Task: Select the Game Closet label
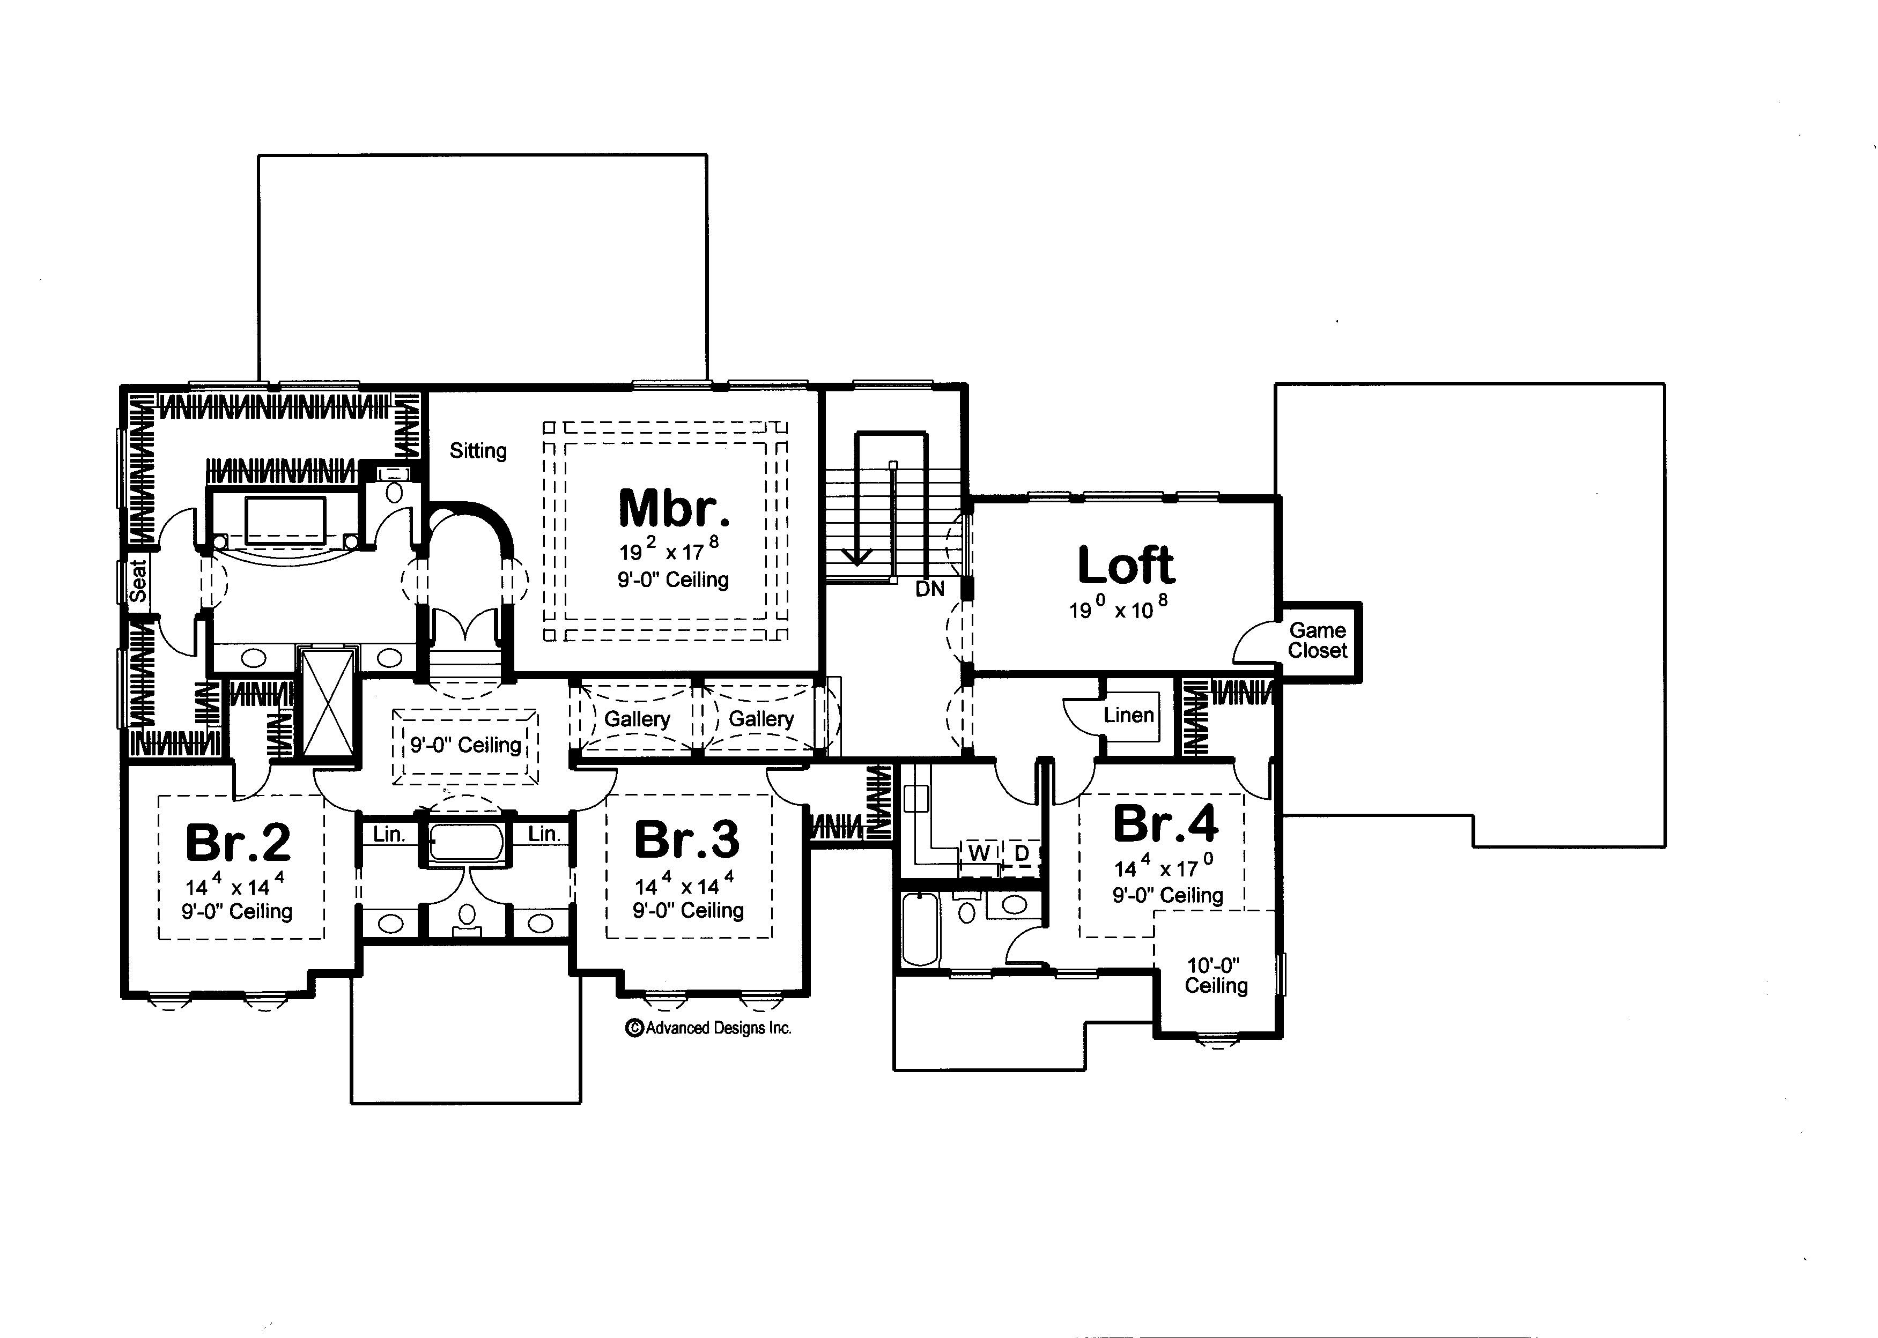pos(1317,640)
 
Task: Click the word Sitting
pos(478,451)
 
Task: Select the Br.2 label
pos(238,842)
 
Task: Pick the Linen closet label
pos(1128,715)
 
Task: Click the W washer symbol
pos(979,853)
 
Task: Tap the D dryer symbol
pos(1021,853)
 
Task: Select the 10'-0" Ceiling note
pos(1216,976)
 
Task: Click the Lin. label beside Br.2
pos(389,834)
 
